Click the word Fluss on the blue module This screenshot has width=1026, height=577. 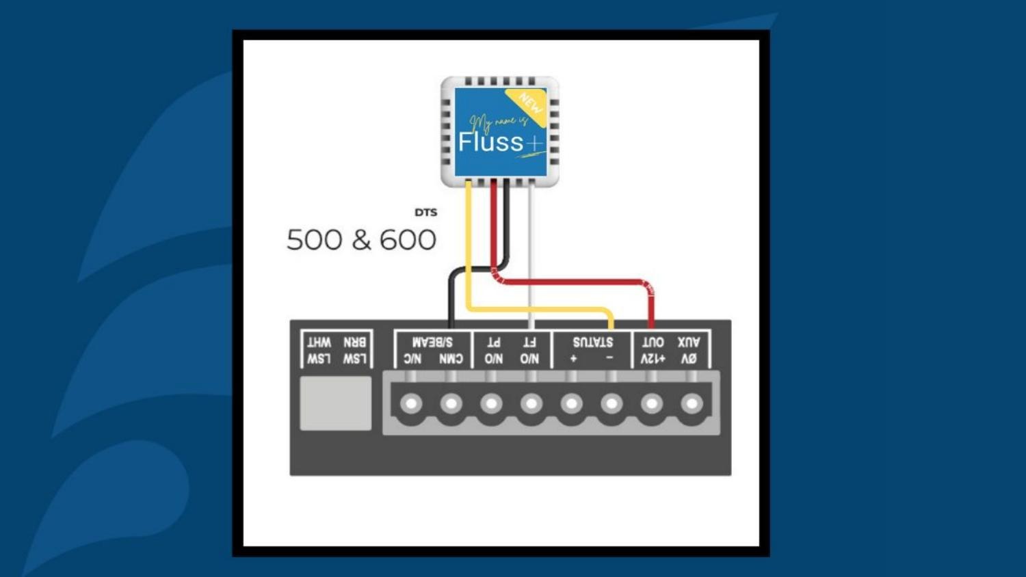(490, 142)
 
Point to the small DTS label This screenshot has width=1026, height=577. (425, 213)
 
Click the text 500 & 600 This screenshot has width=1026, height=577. (361, 240)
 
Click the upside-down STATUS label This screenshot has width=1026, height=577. (592, 342)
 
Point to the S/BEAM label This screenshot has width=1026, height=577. (432, 342)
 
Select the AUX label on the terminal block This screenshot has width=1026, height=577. (688, 342)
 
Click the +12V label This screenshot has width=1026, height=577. (653, 358)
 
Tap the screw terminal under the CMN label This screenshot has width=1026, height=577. (451, 404)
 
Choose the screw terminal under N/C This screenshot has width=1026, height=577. (411, 404)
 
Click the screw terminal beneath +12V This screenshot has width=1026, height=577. (652, 404)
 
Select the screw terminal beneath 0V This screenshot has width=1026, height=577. (692, 404)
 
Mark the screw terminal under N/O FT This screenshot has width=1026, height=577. (531, 404)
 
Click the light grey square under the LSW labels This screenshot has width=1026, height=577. (335, 403)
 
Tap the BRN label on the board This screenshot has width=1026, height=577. (354, 342)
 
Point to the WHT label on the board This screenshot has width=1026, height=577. (319, 342)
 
